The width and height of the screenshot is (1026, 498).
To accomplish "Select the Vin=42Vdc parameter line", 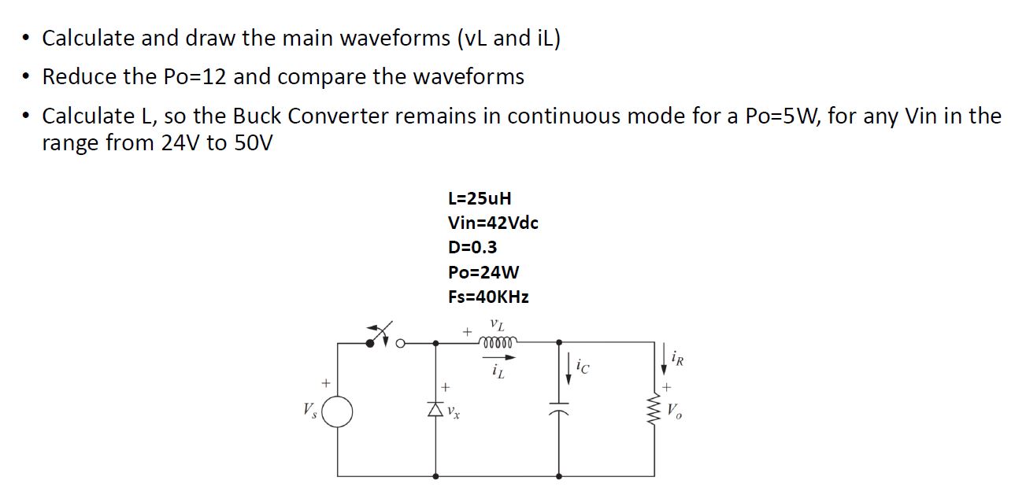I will [x=493, y=223].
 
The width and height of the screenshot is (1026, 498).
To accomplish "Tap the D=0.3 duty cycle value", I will [x=472, y=247].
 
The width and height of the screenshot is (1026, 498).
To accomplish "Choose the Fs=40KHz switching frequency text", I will [x=488, y=297].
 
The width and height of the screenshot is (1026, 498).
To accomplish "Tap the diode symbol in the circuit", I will [x=438, y=409].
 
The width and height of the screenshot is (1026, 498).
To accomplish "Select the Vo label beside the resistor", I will [x=673, y=410].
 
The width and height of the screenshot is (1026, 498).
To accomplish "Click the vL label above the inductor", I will [x=496, y=323].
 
